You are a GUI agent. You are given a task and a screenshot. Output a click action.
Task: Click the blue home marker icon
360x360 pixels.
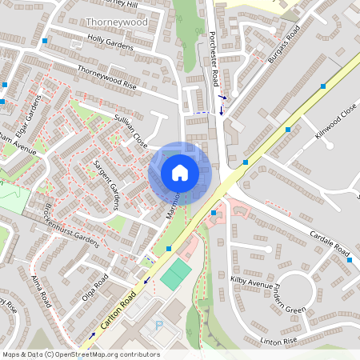tap(179, 173)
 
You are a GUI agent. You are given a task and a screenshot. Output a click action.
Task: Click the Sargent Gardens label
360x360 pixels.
tap(106, 184)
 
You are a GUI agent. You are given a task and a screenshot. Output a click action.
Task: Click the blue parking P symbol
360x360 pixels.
tap(158, 326)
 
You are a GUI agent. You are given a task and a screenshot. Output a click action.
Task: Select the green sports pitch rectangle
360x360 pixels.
tap(176, 275)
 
